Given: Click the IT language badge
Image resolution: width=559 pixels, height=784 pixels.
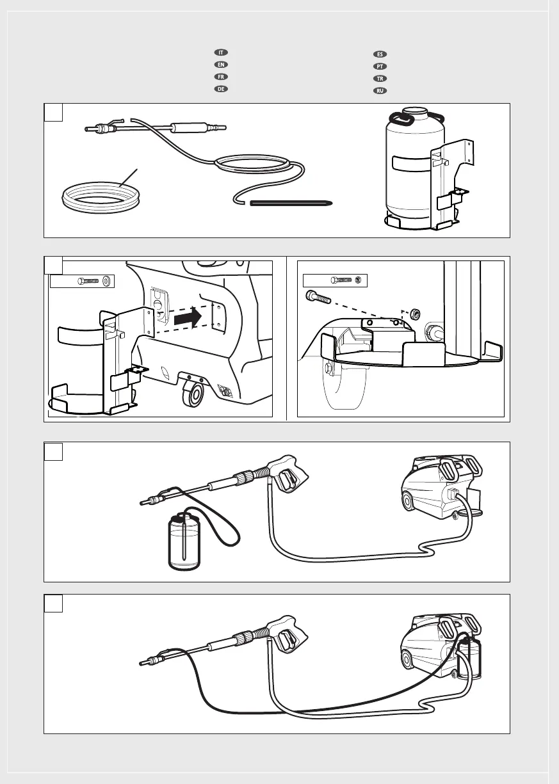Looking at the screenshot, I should [x=218, y=52].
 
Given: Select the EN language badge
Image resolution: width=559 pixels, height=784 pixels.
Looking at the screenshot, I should [x=218, y=65].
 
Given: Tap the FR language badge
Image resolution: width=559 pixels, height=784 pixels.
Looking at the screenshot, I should [x=218, y=77].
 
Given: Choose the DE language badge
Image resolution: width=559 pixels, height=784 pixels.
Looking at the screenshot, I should [x=218, y=89].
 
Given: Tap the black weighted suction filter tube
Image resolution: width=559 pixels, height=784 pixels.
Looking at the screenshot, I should [x=291, y=204].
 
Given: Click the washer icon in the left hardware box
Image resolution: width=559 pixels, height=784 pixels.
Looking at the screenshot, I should [x=106, y=281].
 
